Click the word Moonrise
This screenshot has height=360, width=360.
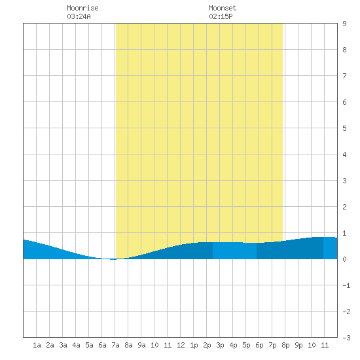pos(82,8)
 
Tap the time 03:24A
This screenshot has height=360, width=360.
pos(79,16)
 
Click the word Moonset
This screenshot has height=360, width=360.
pos(223,8)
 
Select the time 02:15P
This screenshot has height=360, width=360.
pos(221,16)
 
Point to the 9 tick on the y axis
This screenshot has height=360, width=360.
pos(344,24)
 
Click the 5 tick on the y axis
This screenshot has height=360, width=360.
pos(344,128)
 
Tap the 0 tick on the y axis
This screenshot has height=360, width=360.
pos(344,259)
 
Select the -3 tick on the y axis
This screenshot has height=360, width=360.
pos(346,338)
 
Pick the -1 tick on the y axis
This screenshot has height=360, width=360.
pos(346,285)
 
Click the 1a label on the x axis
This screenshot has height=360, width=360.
pos(37,345)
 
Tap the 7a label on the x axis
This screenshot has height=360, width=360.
pos(115,345)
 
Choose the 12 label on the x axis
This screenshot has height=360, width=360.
pos(181,345)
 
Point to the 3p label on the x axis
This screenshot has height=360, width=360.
pos(220,345)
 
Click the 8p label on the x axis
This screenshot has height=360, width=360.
pos(285,345)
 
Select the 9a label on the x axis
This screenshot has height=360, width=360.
pos(141,345)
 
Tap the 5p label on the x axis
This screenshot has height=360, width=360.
pos(246,345)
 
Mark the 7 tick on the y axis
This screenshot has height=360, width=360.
pos(344,76)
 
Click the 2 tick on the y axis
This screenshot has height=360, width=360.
pos(344,207)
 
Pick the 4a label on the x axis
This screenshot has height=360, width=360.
pos(76,345)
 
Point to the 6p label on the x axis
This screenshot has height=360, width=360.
pos(259,345)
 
